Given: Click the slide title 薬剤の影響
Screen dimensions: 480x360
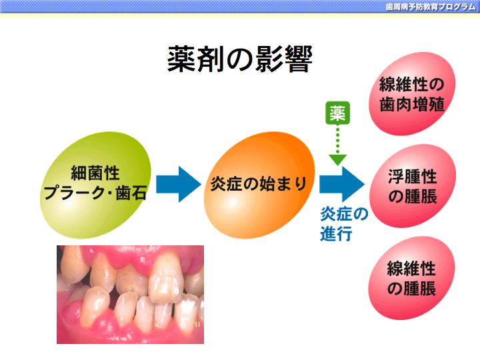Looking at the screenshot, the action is point(239,59).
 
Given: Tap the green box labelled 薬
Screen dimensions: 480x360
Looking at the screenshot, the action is point(337,113).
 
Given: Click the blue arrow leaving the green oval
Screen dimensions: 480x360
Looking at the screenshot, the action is point(179,184).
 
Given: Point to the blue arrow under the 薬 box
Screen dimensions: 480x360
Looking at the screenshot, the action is point(341,184).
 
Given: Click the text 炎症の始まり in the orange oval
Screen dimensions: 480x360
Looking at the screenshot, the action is point(259,184).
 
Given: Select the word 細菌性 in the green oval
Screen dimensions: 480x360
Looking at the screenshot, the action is point(95,173).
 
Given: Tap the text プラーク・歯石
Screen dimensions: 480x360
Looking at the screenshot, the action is point(95,193).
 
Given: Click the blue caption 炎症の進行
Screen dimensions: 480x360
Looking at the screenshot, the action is point(344,223).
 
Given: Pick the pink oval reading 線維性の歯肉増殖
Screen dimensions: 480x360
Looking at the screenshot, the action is point(412,94).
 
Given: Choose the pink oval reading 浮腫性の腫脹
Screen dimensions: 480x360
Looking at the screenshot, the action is point(413,186).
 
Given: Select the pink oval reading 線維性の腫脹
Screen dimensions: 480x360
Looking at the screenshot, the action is point(411,278).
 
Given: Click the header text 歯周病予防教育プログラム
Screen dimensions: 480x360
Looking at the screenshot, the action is point(431,7).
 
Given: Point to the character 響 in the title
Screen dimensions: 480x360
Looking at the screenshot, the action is point(298,59).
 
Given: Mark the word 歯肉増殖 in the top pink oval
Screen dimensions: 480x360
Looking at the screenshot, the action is point(412,104).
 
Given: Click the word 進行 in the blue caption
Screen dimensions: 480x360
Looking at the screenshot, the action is point(336,233).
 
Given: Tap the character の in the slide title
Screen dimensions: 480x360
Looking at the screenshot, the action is point(239,59).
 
